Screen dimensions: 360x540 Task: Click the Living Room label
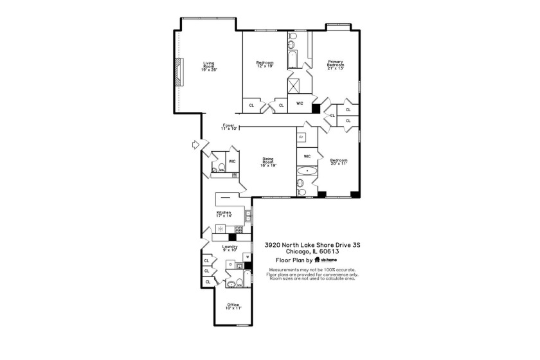coord(208,64)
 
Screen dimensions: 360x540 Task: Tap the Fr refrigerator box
coord(301,137)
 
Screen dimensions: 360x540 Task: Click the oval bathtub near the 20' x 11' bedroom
coord(307,171)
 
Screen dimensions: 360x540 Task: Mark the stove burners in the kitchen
coord(239,229)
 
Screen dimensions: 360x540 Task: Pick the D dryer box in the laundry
coord(230,264)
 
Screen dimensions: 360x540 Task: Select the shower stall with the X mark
coord(297,84)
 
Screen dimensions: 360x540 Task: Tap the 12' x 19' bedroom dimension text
coord(265,66)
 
